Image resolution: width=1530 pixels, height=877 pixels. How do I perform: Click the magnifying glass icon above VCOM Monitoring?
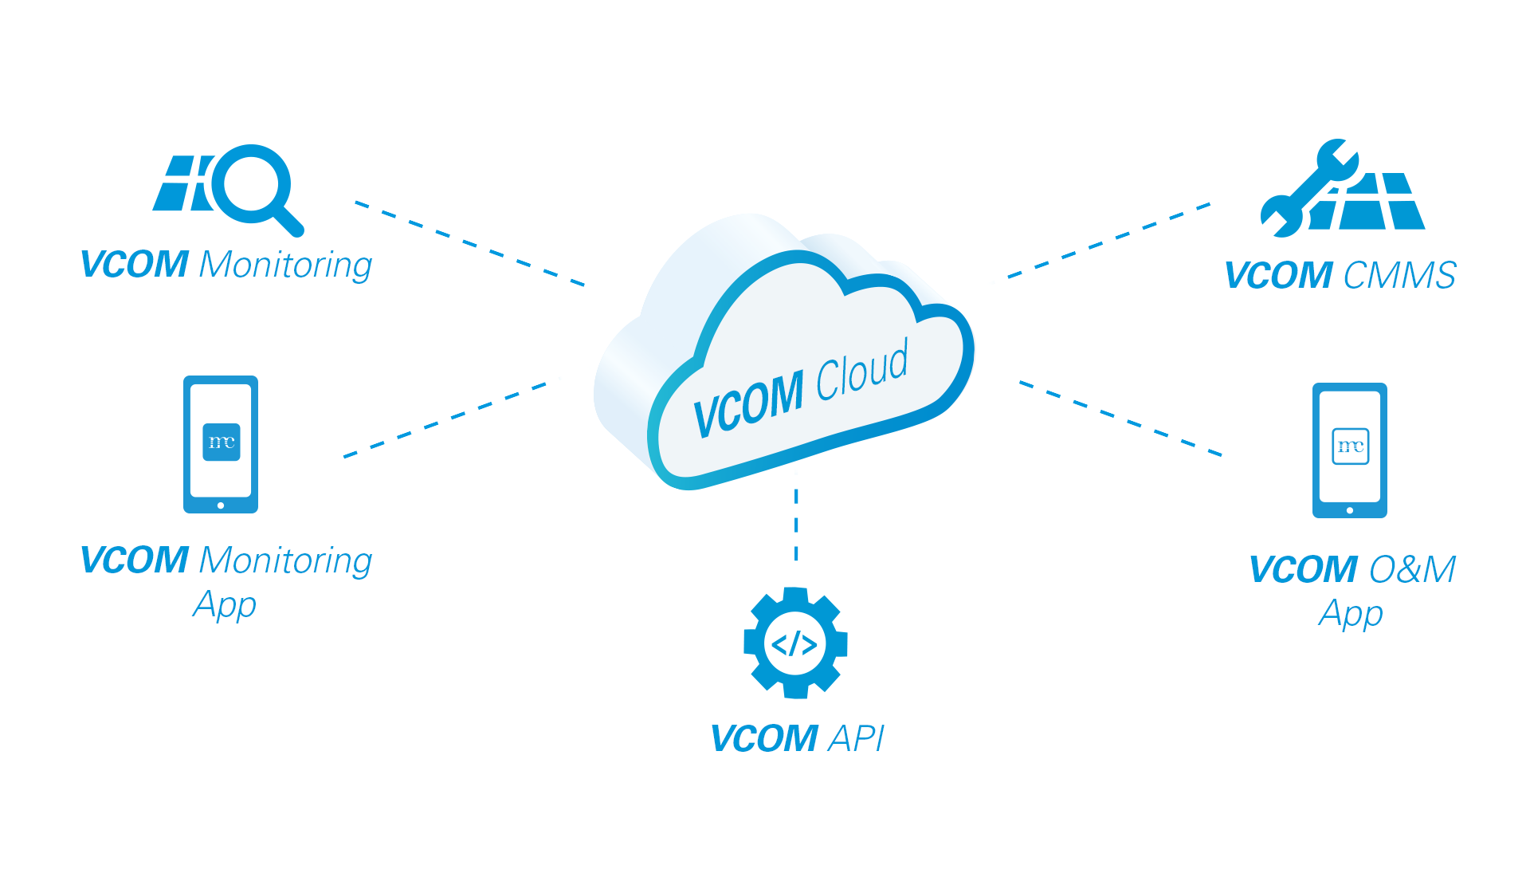(252, 187)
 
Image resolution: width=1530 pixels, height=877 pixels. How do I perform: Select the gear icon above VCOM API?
(795, 643)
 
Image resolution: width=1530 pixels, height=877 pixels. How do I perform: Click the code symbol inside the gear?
(794, 643)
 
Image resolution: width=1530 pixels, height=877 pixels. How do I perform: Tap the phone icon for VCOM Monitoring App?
(221, 444)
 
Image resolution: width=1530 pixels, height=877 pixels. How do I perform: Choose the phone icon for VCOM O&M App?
(1349, 450)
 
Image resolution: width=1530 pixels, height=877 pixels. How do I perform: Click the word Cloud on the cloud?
(862, 371)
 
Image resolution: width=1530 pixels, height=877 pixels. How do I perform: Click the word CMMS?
(1399, 276)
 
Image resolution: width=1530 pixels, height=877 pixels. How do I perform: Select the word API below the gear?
(857, 738)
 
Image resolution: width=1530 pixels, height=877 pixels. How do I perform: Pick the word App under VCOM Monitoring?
(225, 605)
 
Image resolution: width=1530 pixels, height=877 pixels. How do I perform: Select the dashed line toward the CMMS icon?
(1108, 239)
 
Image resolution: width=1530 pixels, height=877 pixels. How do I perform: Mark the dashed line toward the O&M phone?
(1120, 418)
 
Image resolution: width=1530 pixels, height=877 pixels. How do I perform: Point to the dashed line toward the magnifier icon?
(470, 243)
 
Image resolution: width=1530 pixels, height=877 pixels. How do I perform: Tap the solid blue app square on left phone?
(222, 442)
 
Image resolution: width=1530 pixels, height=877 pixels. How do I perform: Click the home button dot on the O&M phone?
(1350, 510)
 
